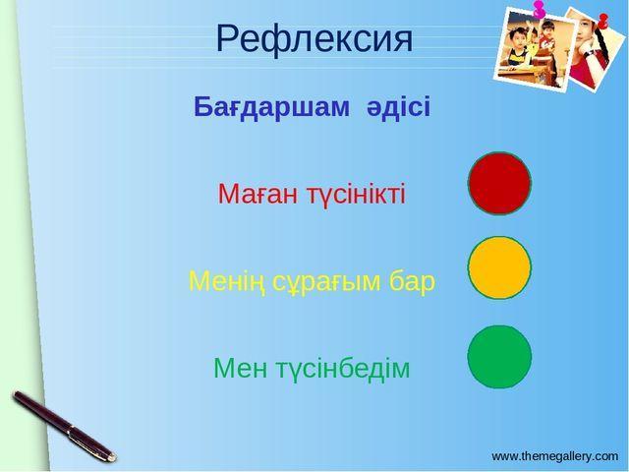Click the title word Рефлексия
[314, 39]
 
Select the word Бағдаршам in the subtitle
[271, 107]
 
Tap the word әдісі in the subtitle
[398, 107]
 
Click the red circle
[499, 184]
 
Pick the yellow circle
[499, 267]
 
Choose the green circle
[499, 357]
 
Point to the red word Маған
[258, 195]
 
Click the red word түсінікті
[356, 195]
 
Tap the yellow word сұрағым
[327, 282]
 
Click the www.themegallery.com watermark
[554, 456]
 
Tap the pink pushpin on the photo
[539, 9]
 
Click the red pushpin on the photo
[602, 21]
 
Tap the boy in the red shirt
[546, 40]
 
